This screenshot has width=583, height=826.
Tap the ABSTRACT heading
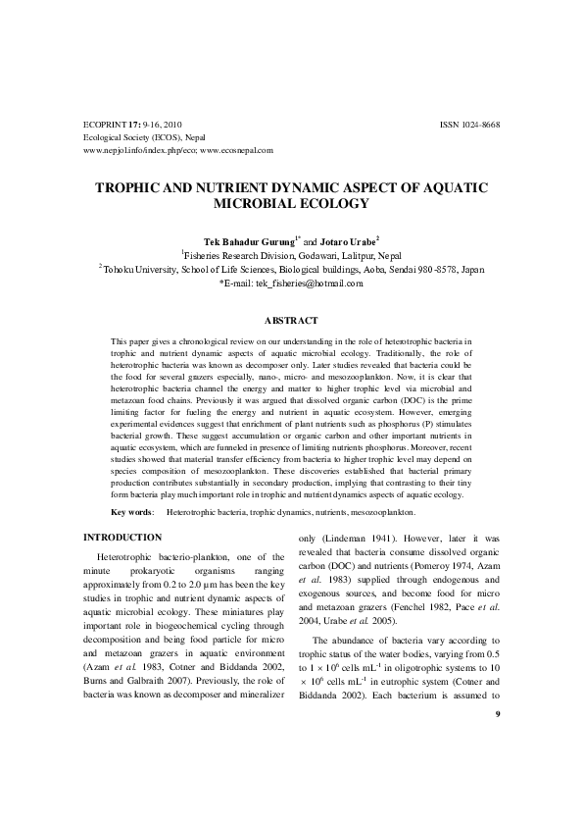291,320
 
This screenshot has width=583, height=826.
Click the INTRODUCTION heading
122,537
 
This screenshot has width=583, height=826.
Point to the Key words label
131,512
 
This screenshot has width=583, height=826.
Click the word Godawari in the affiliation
309,254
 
